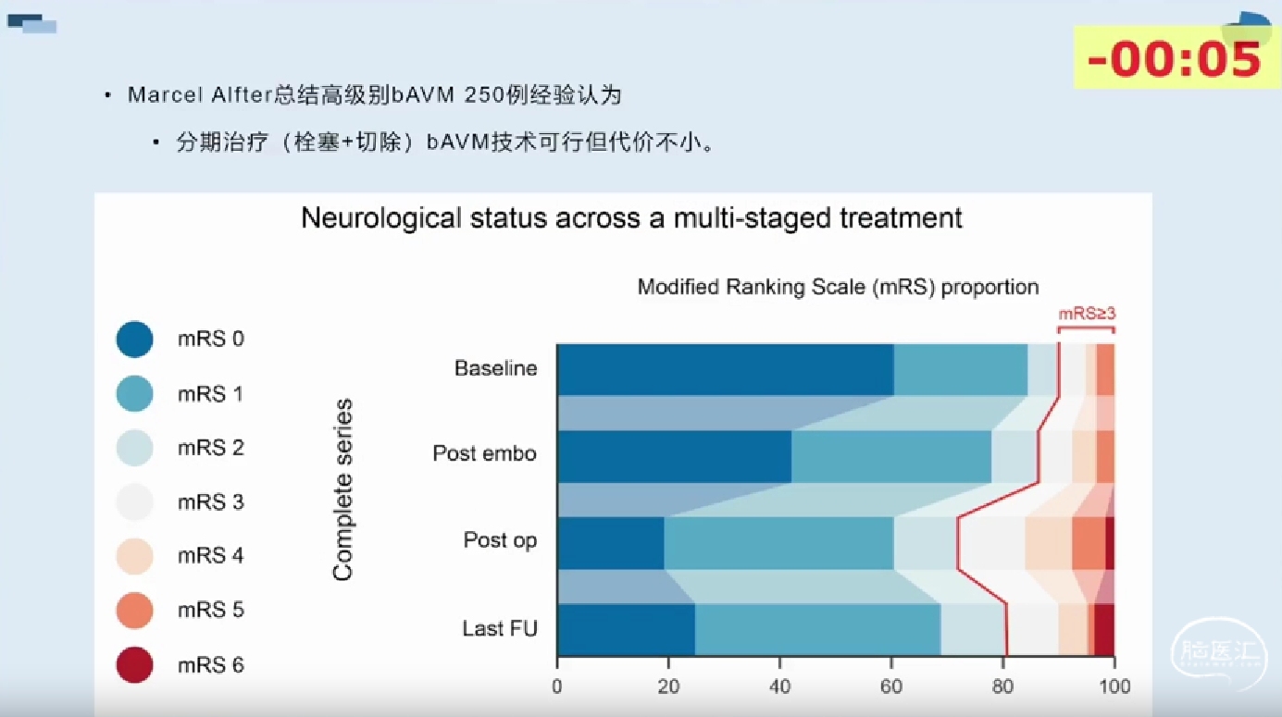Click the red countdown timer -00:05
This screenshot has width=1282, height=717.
(x=1174, y=59)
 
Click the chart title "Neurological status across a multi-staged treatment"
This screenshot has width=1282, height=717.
(x=631, y=218)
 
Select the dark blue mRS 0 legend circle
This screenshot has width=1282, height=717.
(x=134, y=339)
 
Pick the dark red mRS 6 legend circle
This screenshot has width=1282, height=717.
(x=134, y=664)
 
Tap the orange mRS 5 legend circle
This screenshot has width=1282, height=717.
(x=134, y=610)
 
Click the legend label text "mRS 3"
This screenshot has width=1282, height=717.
(x=211, y=501)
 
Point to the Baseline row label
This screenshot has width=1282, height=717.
(x=495, y=368)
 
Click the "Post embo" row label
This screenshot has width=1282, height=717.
(x=484, y=453)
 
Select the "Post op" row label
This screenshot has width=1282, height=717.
(x=500, y=540)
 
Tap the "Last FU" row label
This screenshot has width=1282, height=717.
(x=500, y=628)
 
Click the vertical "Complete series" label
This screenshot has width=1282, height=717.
(x=342, y=489)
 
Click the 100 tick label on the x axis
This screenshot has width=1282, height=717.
(x=1114, y=686)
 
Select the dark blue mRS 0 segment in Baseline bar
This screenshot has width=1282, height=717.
(x=725, y=370)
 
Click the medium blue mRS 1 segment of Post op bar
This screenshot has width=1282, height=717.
(x=779, y=543)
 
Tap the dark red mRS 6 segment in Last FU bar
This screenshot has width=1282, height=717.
(x=1104, y=629)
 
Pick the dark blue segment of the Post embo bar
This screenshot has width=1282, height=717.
(x=674, y=457)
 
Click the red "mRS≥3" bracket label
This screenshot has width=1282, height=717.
(x=1087, y=314)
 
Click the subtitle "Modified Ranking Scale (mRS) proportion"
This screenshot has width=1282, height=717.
(x=838, y=287)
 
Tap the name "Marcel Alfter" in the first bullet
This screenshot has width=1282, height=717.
(x=200, y=94)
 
